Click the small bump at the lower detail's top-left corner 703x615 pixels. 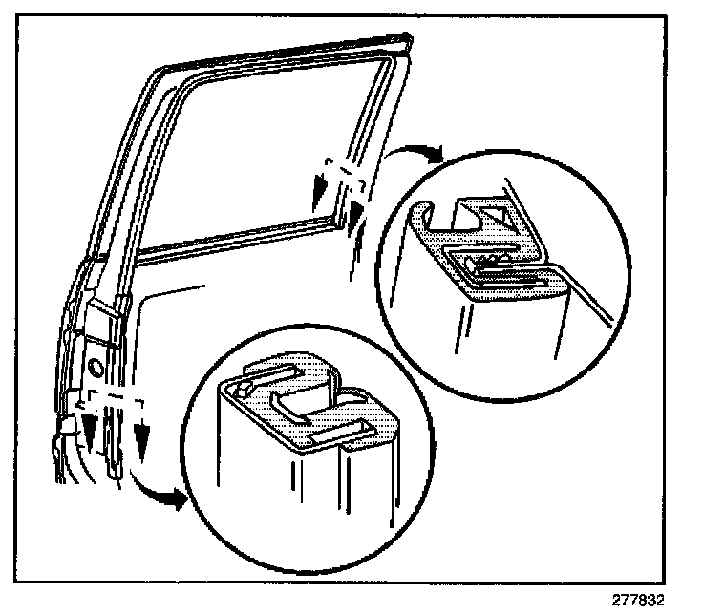(x=239, y=389)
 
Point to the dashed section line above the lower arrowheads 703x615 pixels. (x=115, y=392)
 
